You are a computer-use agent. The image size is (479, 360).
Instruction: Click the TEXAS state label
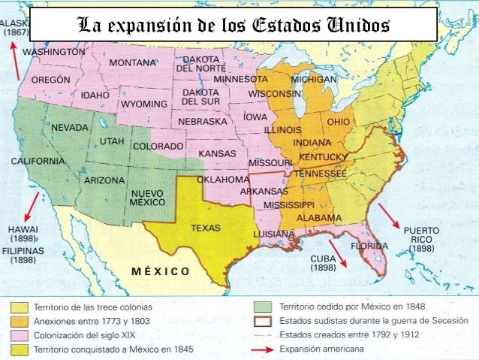coord(206,227)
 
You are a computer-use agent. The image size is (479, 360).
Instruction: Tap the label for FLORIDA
coord(371,245)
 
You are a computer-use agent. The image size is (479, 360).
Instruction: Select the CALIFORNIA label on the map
coord(37,161)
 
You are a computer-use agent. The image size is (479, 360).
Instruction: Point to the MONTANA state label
coord(132,62)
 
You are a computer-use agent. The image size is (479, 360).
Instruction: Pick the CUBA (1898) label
coord(323,262)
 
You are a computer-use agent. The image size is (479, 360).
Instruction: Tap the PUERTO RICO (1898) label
coord(422,238)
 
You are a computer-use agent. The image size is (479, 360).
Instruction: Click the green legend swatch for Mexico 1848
coord(262,307)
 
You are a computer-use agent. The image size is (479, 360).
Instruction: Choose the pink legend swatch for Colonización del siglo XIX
coord(20,335)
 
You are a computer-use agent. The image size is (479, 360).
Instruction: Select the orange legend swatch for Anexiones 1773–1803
coord(20,321)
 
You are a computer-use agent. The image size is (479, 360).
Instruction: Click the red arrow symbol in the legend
coord(262,349)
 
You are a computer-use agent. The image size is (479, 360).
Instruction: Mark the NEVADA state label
coord(69,128)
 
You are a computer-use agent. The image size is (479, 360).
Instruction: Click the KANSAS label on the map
coord(217,153)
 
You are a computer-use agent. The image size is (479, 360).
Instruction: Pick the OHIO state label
coord(339,121)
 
